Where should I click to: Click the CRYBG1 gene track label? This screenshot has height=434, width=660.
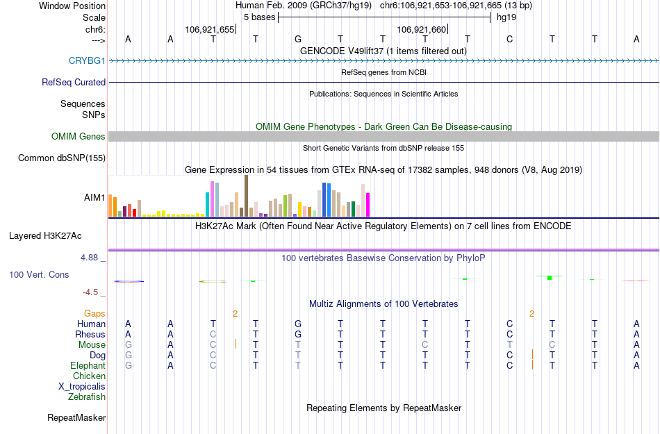[87, 61]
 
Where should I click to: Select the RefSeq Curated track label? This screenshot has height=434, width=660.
[74, 82]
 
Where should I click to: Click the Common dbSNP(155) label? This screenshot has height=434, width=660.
[61, 158]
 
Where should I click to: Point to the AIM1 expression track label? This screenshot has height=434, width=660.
[94, 198]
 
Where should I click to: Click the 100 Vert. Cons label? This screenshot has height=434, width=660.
[39, 275]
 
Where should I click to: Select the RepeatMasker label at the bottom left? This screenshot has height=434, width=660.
[76, 418]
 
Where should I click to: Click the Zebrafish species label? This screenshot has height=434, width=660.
[87, 397]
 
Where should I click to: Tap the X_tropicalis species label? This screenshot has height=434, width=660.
[82, 387]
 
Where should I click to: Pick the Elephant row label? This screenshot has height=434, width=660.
[88, 366]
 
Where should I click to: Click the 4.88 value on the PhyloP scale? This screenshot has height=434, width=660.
[92, 258]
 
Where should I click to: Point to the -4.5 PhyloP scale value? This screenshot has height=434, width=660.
[93, 292]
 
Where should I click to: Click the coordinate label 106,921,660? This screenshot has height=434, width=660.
[420, 29]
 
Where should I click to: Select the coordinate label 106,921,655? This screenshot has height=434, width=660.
[209, 29]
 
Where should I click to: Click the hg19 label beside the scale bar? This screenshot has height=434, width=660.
[506, 17]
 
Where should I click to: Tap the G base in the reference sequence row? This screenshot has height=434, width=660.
[298, 39]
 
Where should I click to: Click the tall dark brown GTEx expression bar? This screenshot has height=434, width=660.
[246, 196]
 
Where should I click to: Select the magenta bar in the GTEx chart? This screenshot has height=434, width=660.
[368, 204]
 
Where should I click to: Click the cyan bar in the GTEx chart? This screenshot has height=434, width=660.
[208, 204]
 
